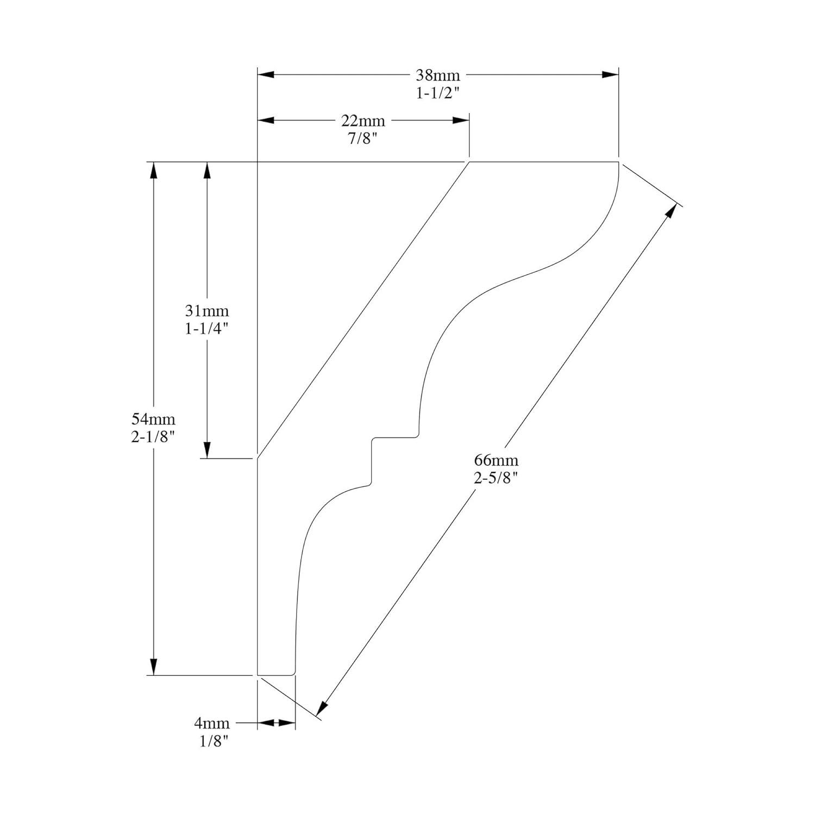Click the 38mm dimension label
(438, 75)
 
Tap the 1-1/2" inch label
(438, 93)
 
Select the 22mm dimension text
(363, 120)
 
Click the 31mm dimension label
(207, 311)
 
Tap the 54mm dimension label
(153, 419)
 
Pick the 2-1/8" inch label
(153, 437)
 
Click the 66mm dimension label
(496, 460)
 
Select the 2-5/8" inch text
(496, 478)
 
